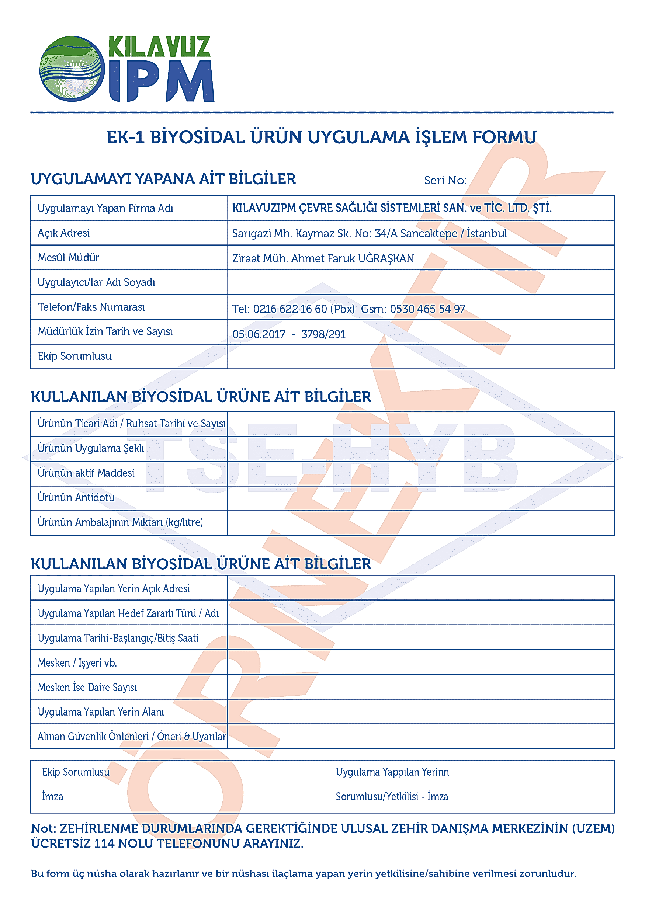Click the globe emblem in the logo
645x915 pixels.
pyautogui.click(x=72, y=69)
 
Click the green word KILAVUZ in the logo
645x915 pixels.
pyautogui.click(x=159, y=46)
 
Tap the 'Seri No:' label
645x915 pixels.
pyautogui.click(x=445, y=181)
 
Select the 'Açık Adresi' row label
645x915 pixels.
pyautogui.click(x=63, y=233)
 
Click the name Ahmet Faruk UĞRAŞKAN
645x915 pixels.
pyautogui.click(x=353, y=259)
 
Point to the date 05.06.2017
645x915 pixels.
pyautogui.click(x=259, y=334)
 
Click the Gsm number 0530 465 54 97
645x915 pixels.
pyautogui.click(x=427, y=309)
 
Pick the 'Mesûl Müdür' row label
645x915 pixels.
pyautogui.click(x=68, y=258)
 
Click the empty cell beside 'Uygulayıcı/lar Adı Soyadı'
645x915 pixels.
pyautogui.click(x=420, y=282)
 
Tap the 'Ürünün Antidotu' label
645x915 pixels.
pyautogui.click(x=76, y=498)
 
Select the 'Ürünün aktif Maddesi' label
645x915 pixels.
pyautogui.click(x=86, y=473)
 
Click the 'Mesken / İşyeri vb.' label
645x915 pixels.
pyautogui.click(x=77, y=663)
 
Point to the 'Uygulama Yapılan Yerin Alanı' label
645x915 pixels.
pyautogui.click(x=100, y=712)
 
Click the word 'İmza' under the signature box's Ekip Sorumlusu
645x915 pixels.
pyautogui.click(x=53, y=797)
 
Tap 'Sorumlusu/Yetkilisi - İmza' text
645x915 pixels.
pyautogui.click(x=392, y=797)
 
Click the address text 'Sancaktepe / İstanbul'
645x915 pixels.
pyautogui.click(x=453, y=233)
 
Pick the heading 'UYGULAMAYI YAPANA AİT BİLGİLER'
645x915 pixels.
pyautogui.click(x=163, y=179)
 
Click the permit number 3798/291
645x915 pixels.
pyautogui.click(x=323, y=334)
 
